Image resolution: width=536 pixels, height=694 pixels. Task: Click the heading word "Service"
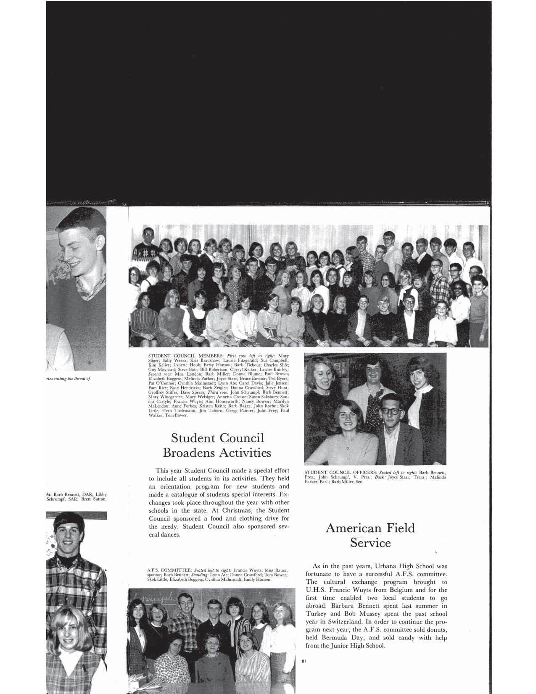tap(370, 543)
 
